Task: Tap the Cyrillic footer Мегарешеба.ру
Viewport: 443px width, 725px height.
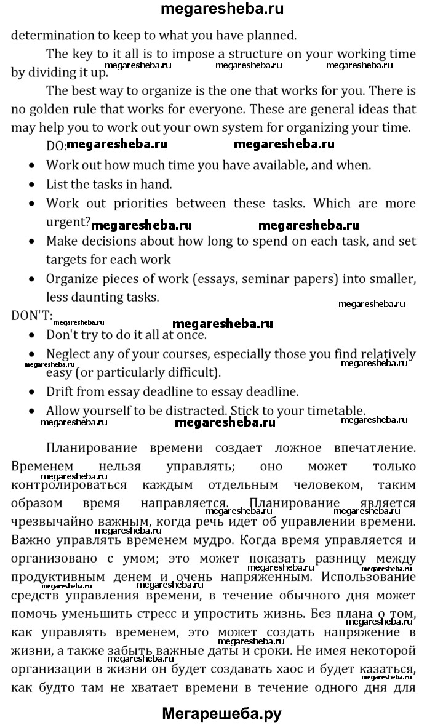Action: pyautogui.click(x=221, y=714)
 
